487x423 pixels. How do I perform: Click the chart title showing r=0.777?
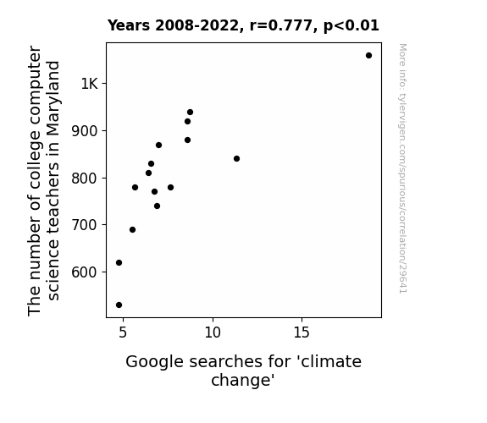[243, 25]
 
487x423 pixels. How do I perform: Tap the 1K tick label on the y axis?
[90, 84]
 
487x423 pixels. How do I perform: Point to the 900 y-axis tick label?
[85, 131]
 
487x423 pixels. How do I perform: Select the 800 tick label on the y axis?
[85, 179]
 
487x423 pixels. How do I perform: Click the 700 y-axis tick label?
[85, 225]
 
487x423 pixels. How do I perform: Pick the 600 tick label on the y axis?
[85, 272]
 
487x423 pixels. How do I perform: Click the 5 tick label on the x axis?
[123, 332]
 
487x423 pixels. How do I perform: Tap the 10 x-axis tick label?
[213, 332]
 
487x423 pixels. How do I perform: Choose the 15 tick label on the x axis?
[302, 332]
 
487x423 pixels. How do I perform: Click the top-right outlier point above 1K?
[368, 56]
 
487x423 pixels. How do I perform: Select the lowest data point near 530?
[119, 305]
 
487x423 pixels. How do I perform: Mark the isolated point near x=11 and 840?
[236, 158]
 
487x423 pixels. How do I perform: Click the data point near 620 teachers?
[119, 263]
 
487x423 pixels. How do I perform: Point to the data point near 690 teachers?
[133, 229]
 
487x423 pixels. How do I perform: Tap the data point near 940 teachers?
[190, 112]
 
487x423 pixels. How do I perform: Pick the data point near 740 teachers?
[158, 206]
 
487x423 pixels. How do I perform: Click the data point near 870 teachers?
[158, 145]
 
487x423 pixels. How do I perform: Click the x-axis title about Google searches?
[243, 371]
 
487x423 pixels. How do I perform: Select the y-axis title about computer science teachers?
[43, 180]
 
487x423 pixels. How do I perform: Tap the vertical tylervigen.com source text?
[403, 168]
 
